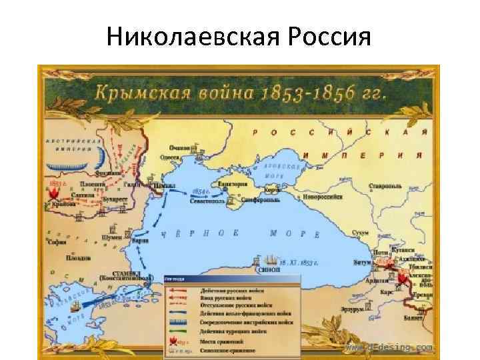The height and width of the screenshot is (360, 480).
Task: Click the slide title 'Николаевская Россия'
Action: (x=239, y=34)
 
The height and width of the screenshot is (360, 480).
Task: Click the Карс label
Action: (x=386, y=291)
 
